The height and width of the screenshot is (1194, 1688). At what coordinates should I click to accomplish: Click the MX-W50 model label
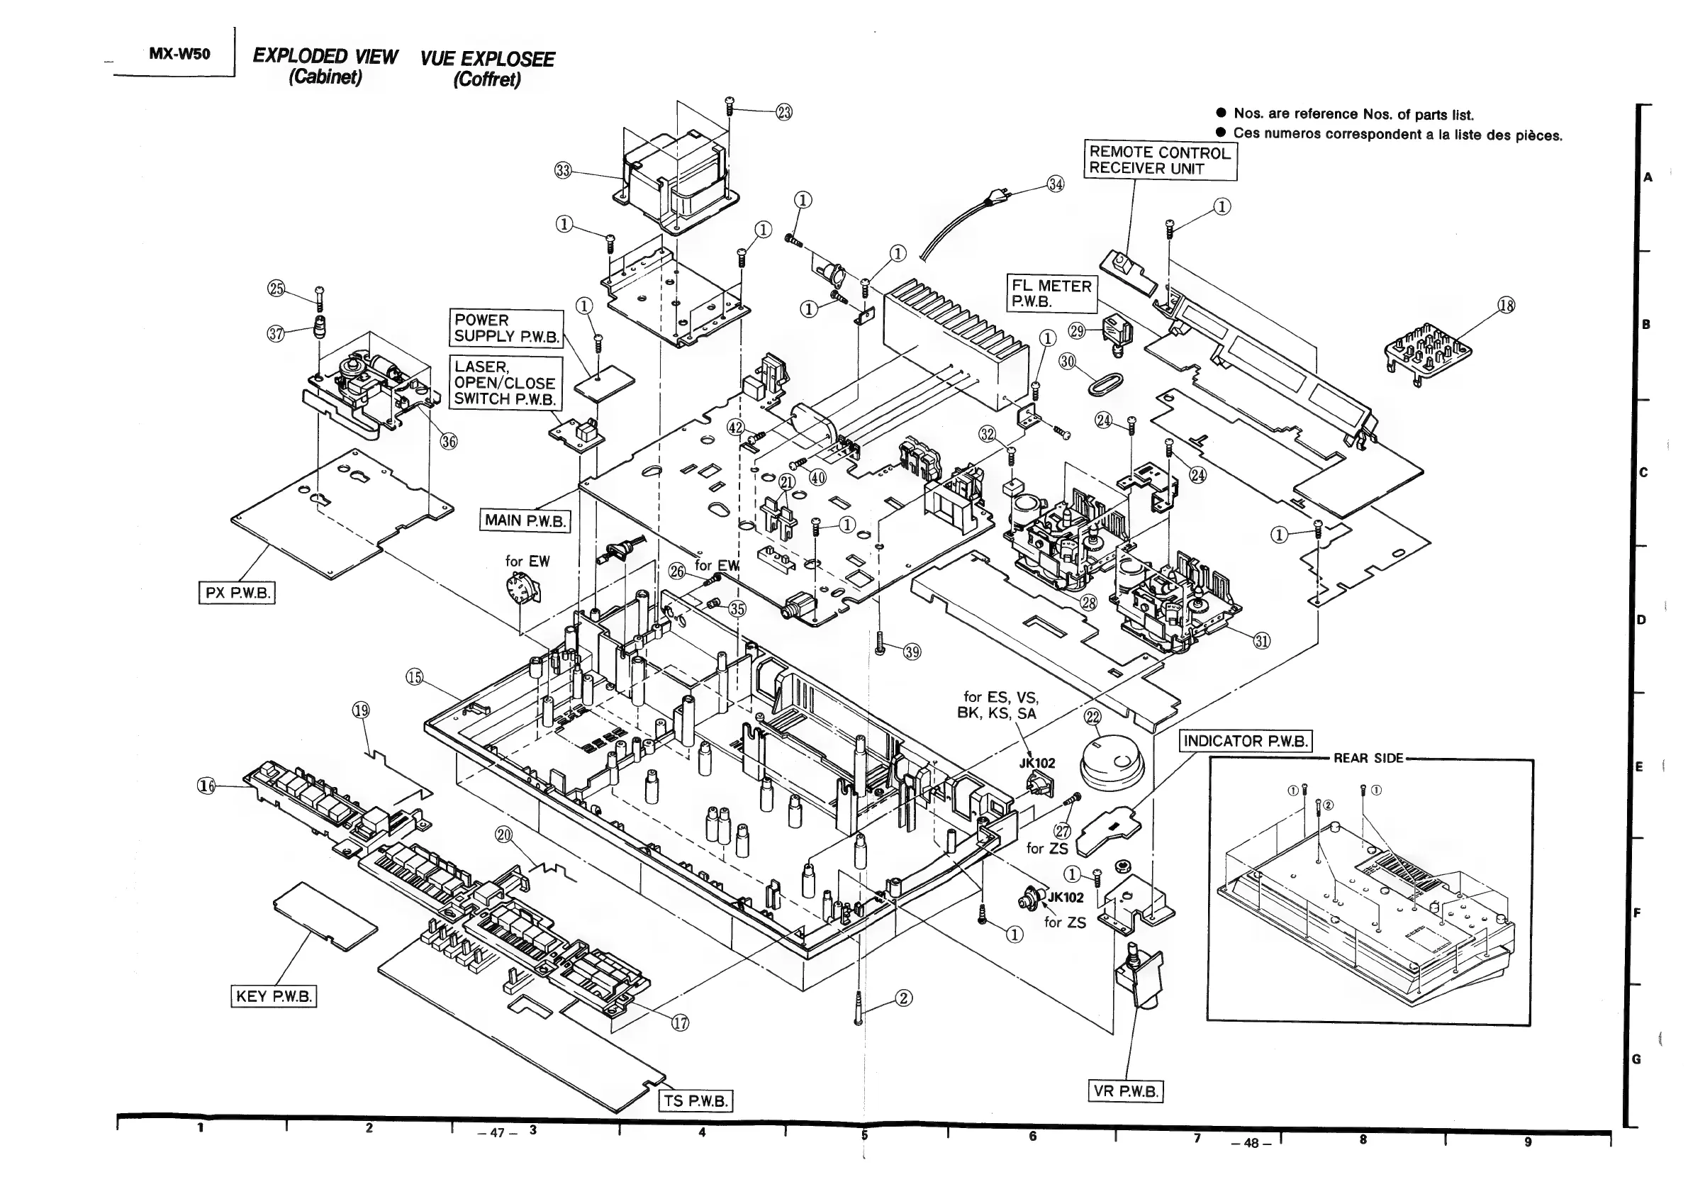click(179, 55)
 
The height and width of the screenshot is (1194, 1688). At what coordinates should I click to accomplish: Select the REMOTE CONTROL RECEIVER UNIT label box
click(1160, 160)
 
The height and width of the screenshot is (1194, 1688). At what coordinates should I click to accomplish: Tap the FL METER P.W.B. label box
click(1051, 294)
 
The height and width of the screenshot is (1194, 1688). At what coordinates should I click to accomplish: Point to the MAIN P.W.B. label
click(525, 520)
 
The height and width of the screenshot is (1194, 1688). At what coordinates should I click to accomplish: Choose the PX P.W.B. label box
click(237, 593)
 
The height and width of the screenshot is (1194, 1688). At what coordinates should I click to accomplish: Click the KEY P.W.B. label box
click(274, 996)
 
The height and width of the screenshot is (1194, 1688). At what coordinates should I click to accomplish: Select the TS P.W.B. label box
click(695, 1100)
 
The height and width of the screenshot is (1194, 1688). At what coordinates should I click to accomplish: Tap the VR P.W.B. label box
click(1125, 1090)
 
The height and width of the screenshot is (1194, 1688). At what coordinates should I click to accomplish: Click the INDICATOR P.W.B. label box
click(1246, 740)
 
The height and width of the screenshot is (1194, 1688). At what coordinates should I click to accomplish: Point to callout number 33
click(562, 171)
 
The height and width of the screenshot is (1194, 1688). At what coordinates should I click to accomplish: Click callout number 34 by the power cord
click(1055, 184)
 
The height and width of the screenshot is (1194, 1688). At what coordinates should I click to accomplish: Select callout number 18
click(1506, 305)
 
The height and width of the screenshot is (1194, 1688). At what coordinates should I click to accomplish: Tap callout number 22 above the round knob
click(1092, 717)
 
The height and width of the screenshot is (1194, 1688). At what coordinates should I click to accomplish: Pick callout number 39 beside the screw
click(912, 652)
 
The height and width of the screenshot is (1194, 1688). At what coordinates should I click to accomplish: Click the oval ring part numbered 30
click(1105, 381)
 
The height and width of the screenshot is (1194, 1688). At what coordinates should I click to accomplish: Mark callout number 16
click(206, 786)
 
